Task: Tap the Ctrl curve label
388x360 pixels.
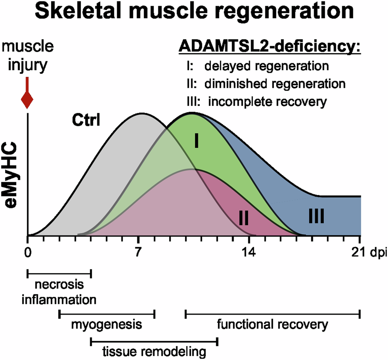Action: (86, 121)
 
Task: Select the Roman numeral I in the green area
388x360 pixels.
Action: (197, 142)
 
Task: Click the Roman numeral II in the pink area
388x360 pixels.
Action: (243, 218)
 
